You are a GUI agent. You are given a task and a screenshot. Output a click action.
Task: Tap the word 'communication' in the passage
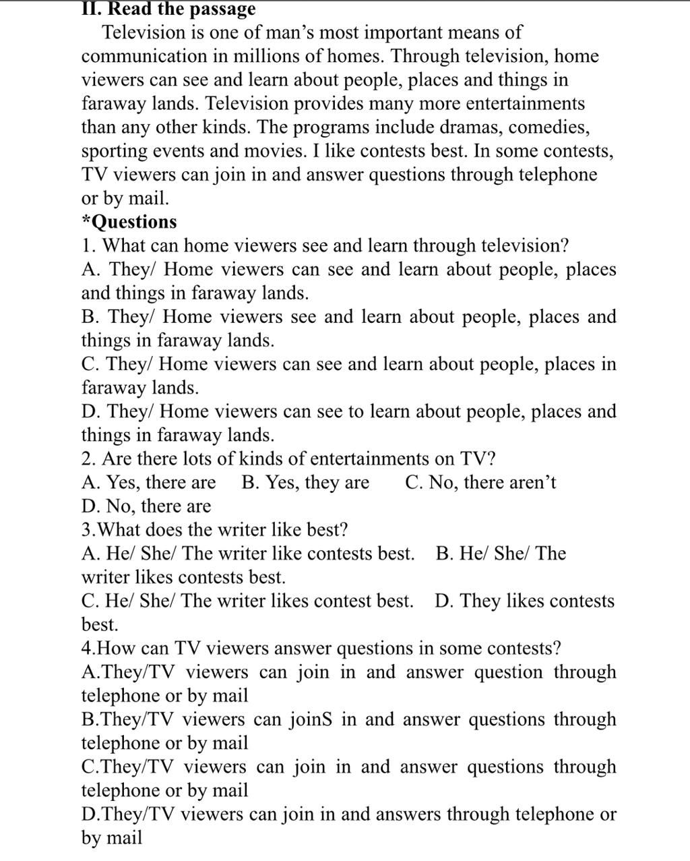[x=145, y=56]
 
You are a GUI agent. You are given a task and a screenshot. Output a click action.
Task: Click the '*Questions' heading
[x=129, y=222]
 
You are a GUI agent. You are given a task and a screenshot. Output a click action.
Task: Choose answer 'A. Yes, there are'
[x=148, y=483]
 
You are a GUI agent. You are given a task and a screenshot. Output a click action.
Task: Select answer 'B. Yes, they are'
[x=305, y=483]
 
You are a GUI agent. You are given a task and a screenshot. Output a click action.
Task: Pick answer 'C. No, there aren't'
[x=481, y=483]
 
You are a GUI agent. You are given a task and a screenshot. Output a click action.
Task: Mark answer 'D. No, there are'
[x=146, y=506]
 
